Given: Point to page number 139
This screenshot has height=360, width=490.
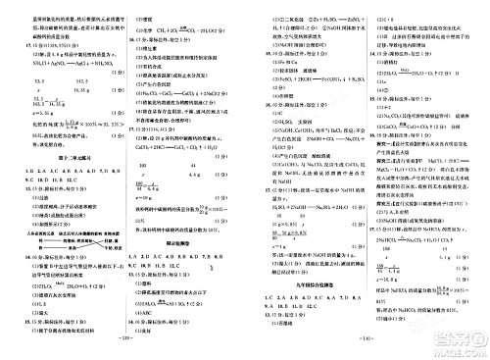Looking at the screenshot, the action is pos(123,351).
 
